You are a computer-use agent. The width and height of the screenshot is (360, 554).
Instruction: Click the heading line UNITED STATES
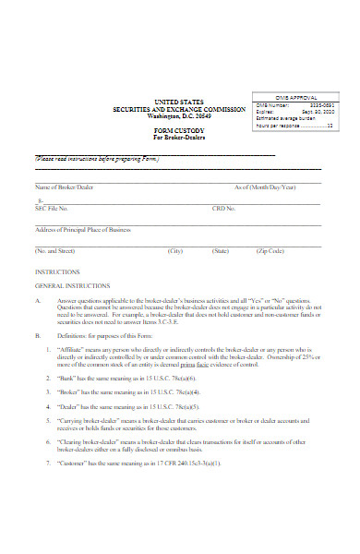(x=179, y=101)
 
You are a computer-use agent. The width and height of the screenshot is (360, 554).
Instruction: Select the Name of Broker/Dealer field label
(x=64, y=187)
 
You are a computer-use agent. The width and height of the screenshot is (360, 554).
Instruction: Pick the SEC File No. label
(x=52, y=209)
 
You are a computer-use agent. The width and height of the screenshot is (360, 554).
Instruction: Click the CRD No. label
(x=224, y=209)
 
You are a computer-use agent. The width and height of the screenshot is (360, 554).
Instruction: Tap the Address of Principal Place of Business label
(x=82, y=229)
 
